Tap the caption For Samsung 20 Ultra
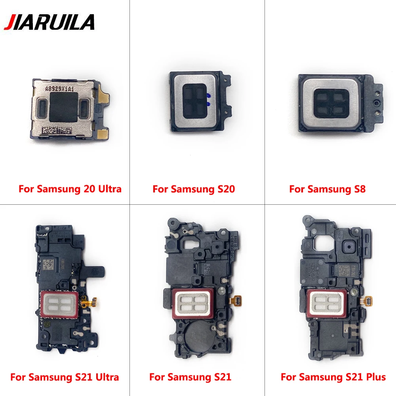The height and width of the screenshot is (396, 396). (x=70, y=189)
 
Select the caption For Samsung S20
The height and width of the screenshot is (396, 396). (x=194, y=189)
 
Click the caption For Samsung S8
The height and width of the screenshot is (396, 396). (x=327, y=189)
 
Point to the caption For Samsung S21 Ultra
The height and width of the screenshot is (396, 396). (x=65, y=377)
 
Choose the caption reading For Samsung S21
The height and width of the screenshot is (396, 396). (x=190, y=377)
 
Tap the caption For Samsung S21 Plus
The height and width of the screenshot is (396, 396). (x=333, y=377)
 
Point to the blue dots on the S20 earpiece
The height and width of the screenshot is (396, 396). (x=208, y=99)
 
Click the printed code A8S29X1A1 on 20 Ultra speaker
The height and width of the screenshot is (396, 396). (x=63, y=89)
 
